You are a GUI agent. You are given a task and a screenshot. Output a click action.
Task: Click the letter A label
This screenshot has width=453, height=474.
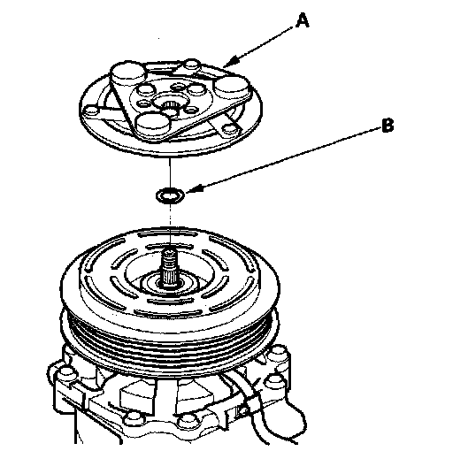pyautogui.click(x=302, y=21)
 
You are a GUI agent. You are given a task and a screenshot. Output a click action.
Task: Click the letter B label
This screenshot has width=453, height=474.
pyautogui.click(x=388, y=126)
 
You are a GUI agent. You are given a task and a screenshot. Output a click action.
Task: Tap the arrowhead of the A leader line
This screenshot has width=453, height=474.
pyautogui.click(x=227, y=64)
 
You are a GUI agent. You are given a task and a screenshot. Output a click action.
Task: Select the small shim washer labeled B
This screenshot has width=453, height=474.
pyautogui.click(x=170, y=196)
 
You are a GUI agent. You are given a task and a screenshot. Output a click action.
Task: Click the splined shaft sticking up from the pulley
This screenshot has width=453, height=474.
pyautogui.click(x=171, y=267)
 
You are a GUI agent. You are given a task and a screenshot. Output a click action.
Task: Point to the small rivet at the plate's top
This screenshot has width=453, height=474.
pyautogui.click(x=192, y=65)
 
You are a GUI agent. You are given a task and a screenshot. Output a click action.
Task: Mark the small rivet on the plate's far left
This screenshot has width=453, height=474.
pyautogui.click(x=91, y=111)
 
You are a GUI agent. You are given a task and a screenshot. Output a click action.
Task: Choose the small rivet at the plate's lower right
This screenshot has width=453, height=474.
pyautogui.click(x=229, y=130)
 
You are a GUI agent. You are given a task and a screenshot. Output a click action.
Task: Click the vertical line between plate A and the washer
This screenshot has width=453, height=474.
pyautogui.click(x=170, y=172)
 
